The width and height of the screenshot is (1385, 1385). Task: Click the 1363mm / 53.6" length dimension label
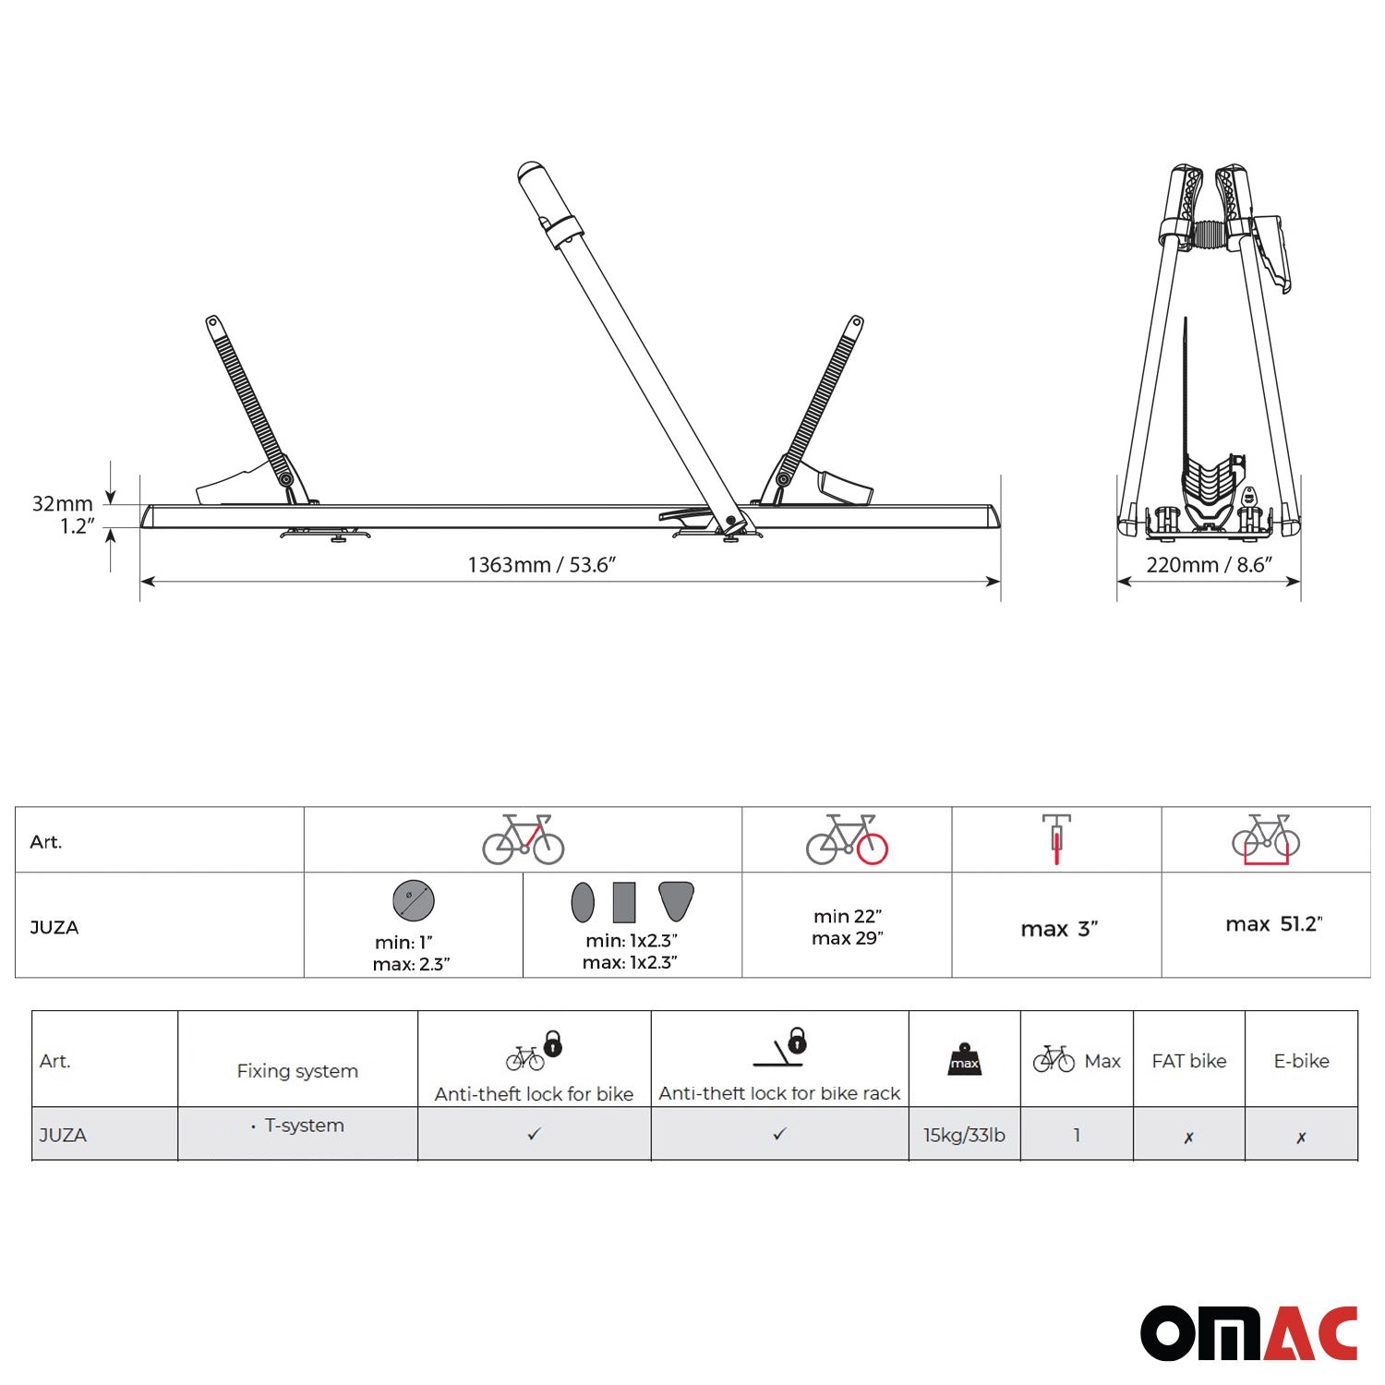541,565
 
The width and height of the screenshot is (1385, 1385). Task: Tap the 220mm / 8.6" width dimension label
1209,565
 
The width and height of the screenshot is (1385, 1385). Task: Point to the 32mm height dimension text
62,504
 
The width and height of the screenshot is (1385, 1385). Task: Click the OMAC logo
1248,1332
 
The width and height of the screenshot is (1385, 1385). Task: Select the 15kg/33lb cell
964,1135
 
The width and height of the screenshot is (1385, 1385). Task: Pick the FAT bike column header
1188,1061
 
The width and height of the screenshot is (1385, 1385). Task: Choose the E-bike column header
1301,1061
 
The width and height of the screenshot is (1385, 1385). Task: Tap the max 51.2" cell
1273,924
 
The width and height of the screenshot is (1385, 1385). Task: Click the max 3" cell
1059,929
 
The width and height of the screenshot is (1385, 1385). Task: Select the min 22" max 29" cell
847,927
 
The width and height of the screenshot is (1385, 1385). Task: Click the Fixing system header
297,1071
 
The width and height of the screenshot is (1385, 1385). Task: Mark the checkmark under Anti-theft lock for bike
534,1134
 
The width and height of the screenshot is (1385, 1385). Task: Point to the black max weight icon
964,1059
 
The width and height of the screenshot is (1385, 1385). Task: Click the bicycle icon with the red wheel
847,839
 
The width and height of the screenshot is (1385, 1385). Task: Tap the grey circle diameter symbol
413,900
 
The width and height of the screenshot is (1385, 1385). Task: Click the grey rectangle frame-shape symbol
624,902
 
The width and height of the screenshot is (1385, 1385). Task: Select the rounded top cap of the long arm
531,172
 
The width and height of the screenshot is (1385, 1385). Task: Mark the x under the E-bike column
1301,1138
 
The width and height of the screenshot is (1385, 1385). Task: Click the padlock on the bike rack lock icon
798,1042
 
